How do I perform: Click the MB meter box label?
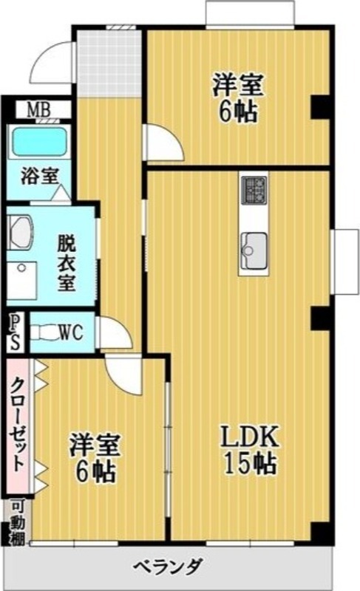pos(39,111)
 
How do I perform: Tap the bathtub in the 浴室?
pos(39,142)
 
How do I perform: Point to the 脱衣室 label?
pos(67,263)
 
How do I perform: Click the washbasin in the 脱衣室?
pos(21,233)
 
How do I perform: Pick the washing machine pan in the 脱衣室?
pos(22,279)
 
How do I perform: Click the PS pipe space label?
pos(15,332)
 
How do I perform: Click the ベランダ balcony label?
pos(169,566)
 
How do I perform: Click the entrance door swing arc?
pos(50,62)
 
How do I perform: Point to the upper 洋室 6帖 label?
pos(237,98)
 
